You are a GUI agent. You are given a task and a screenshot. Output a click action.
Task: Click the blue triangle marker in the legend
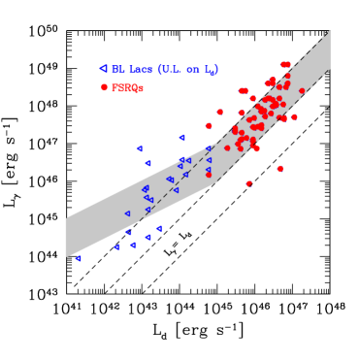pos(103,69)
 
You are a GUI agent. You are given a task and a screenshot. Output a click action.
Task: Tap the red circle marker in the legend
pos(104,87)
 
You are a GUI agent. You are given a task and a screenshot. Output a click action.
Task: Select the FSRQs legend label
pos(127,88)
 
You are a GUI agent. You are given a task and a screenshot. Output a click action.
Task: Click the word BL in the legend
pos(117,70)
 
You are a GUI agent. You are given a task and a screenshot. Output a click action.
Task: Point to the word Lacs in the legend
pos(140,70)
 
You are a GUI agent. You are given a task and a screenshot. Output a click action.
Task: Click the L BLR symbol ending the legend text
pos(212,71)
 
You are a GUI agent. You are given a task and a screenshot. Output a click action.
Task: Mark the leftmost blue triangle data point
pos(78,259)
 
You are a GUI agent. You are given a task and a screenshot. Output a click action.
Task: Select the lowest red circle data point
pos(248,183)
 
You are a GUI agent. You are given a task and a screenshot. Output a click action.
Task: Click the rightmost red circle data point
pos(302,91)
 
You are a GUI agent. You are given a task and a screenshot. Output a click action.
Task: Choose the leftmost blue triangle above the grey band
pos(140,148)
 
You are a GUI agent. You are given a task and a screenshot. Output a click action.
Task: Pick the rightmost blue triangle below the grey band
pos(159,229)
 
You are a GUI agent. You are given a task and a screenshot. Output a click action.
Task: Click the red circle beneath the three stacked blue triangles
pos(209,175)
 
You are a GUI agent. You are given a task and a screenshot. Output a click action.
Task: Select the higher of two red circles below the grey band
pos(280,169)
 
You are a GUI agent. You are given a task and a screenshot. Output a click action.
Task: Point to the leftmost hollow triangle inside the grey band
pos(127,213)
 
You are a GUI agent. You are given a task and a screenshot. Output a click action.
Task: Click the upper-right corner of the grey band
pos(330,30)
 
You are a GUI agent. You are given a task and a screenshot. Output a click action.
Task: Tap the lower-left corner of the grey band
pos(66,257)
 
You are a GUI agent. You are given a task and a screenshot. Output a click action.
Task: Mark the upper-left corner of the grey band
pos(66,217)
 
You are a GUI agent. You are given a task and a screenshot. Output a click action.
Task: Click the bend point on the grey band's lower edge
pos(216,182)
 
